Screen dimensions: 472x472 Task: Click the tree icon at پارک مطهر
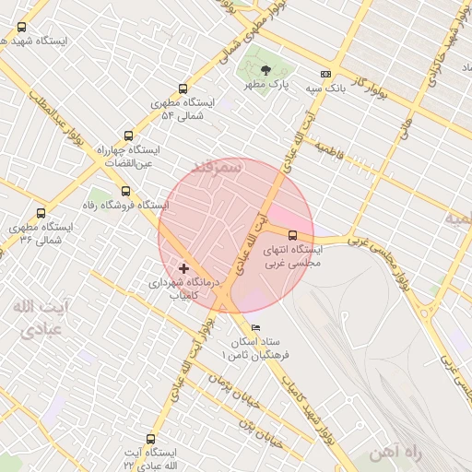265,70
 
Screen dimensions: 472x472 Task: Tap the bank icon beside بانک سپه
324,74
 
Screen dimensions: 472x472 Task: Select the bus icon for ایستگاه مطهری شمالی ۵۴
183,89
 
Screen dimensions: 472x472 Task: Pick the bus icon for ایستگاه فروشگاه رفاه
125,190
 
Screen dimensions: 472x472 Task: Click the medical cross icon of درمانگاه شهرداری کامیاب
183,267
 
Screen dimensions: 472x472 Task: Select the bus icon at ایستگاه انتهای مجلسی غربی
293,235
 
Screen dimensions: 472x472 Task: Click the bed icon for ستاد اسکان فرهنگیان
255,328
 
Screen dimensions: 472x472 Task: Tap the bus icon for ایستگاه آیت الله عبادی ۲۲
151,440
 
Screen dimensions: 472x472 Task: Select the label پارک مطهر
266,84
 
